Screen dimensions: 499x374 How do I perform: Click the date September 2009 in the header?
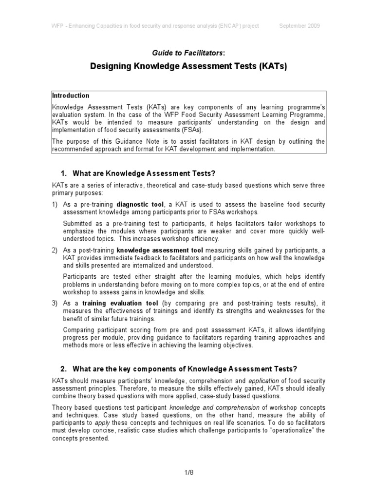(x=299, y=26)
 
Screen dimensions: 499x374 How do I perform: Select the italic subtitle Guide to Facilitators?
(x=186, y=52)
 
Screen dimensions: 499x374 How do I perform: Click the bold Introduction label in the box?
(x=71, y=96)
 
